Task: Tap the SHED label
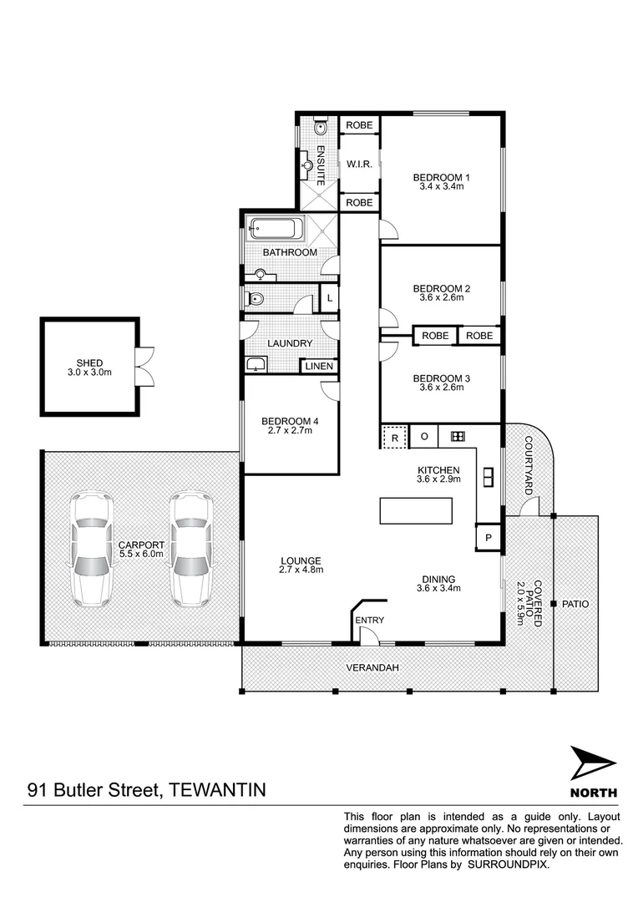pyautogui.click(x=89, y=362)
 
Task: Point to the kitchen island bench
pyautogui.click(x=416, y=510)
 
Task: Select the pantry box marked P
pyautogui.click(x=489, y=537)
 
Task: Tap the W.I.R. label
pyautogui.click(x=359, y=164)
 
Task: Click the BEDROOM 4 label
pyautogui.click(x=286, y=420)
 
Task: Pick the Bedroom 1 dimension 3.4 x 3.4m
pyautogui.click(x=442, y=187)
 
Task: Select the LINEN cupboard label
pyautogui.click(x=319, y=366)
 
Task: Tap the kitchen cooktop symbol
pyautogui.click(x=457, y=436)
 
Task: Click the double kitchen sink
pyautogui.click(x=489, y=476)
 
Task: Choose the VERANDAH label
pyautogui.click(x=372, y=668)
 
